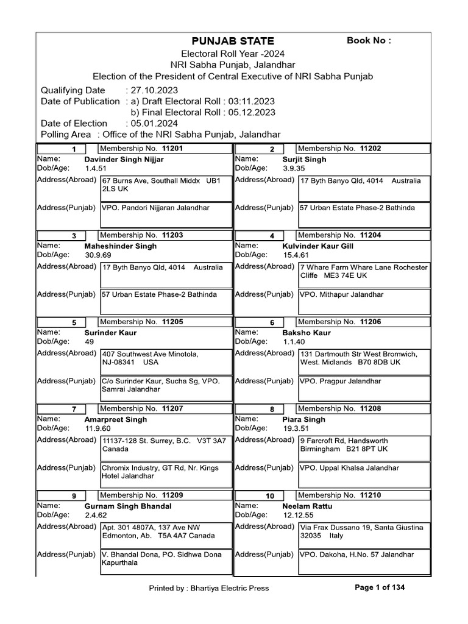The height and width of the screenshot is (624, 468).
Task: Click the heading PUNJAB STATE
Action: [233, 41]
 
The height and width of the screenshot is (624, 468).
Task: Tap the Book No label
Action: [369, 41]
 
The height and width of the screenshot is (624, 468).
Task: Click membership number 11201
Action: [172, 149]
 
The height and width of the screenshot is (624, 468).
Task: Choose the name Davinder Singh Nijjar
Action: [124, 160]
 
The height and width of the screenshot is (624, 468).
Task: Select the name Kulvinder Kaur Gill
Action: [318, 246]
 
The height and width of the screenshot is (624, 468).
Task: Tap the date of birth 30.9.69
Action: [98, 255]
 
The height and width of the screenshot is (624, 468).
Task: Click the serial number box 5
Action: [74, 323]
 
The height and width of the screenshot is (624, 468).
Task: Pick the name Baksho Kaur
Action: [307, 333]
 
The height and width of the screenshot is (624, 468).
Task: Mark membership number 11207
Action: [172, 408]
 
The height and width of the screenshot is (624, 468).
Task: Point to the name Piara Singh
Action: [303, 420]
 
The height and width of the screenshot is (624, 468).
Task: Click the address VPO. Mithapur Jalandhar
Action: [342, 294]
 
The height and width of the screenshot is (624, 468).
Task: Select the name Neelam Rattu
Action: [308, 506]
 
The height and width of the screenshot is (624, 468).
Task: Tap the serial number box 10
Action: [271, 497]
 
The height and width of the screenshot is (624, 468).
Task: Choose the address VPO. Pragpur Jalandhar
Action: [341, 381]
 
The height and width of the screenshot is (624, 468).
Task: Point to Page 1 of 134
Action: [379, 587]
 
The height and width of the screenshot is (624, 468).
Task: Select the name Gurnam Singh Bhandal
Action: [128, 506]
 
